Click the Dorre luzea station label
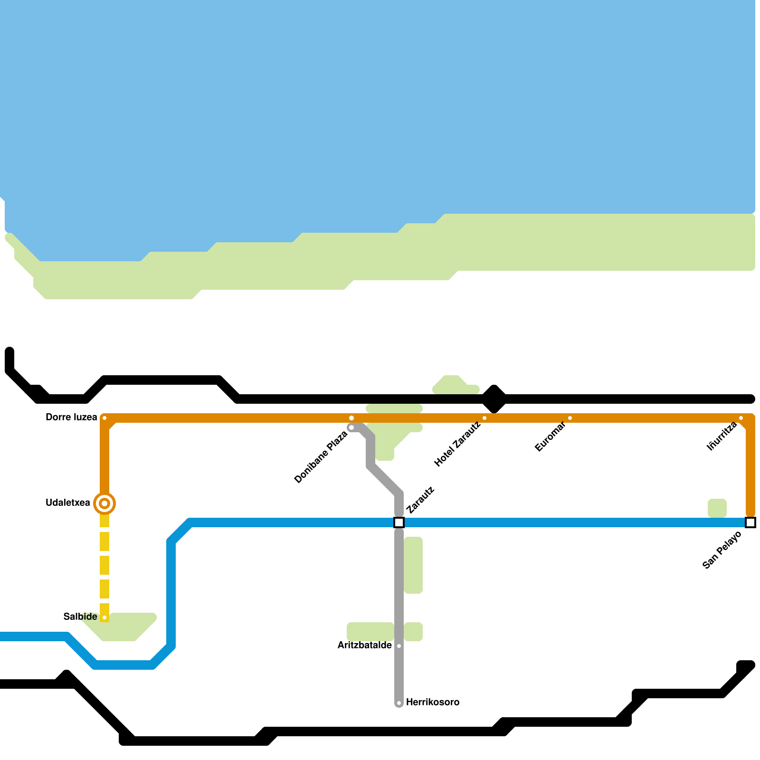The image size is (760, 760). [71, 418]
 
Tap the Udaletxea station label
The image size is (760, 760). [68, 503]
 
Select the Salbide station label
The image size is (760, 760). [80, 617]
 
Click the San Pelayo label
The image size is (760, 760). [722, 550]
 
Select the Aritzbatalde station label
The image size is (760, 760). [365, 646]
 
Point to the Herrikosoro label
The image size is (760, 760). [433, 703]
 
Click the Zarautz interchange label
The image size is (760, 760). [420, 500]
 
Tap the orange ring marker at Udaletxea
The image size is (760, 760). [104, 503]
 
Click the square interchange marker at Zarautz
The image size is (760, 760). [399, 522]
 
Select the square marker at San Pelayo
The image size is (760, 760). [750, 522]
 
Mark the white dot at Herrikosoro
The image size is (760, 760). [399, 703]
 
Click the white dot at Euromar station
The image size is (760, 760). [570, 418]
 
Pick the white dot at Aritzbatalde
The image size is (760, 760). [399, 646]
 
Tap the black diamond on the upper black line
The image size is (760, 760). [494, 399]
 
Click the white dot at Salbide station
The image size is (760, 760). [104, 617]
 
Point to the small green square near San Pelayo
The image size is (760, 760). [717, 508]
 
